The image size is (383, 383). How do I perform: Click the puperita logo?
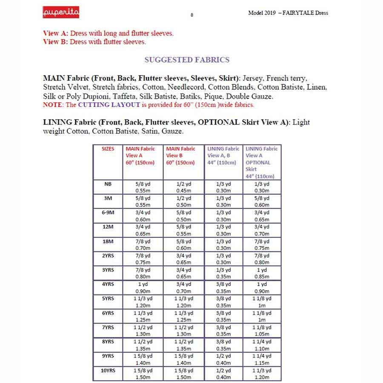point(61,13)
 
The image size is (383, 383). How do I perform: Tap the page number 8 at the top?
point(192,15)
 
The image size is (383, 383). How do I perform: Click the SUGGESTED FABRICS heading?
point(187,60)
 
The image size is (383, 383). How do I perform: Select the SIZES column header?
point(108,149)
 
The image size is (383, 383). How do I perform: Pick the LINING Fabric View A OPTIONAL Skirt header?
point(261,162)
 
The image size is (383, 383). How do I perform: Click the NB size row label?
point(108,184)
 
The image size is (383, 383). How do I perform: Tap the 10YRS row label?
point(108,371)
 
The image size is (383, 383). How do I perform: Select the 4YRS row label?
point(108,284)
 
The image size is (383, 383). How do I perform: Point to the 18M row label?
point(108,241)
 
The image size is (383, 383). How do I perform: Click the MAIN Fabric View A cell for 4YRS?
point(143,288)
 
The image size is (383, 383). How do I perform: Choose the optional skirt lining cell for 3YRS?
point(262,273)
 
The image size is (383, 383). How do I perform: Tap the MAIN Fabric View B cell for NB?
point(183,187)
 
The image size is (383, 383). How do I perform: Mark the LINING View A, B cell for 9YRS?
point(223,360)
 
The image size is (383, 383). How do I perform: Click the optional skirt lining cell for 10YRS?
point(262,374)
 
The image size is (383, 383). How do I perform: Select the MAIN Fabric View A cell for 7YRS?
point(143,331)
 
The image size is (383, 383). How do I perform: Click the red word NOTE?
point(52,105)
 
